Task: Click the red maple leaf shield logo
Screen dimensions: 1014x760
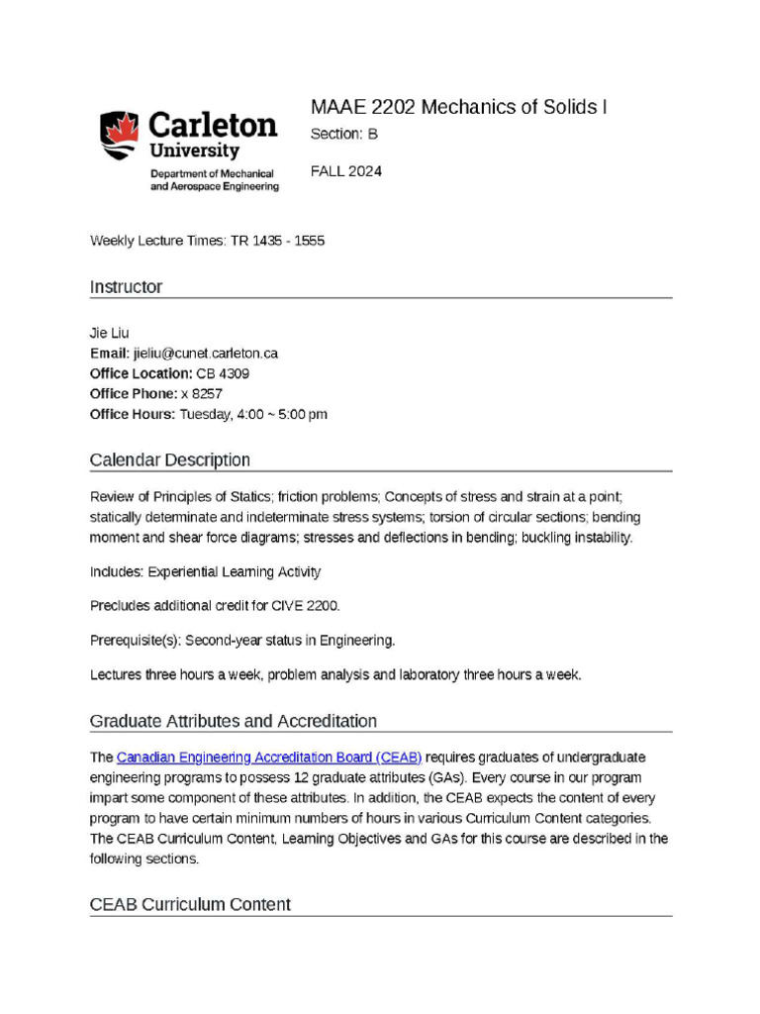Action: pyautogui.click(x=119, y=136)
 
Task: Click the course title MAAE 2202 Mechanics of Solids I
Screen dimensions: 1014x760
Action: pyautogui.click(x=458, y=107)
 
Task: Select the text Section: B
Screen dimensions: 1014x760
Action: pyautogui.click(x=343, y=134)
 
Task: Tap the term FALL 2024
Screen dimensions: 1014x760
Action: pyautogui.click(x=345, y=171)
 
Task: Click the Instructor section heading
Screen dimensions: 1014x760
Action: pyautogui.click(x=126, y=287)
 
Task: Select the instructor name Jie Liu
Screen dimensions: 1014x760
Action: pyautogui.click(x=110, y=333)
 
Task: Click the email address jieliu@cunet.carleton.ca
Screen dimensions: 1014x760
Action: pyautogui.click(x=205, y=354)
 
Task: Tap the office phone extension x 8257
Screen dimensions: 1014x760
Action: pyautogui.click(x=201, y=394)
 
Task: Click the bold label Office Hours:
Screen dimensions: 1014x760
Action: pyautogui.click(x=132, y=415)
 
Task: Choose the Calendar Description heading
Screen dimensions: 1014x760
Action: pyautogui.click(x=169, y=460)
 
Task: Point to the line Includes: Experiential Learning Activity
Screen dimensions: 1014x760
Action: pyautogui.click(x=205, y=572)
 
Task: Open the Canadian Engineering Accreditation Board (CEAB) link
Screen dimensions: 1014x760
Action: pyautogui.click(x=269, y=758)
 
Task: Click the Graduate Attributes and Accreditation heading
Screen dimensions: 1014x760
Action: pyautogui.click(x=233, y=721)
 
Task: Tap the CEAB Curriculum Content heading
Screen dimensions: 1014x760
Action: pyautogui.click(x=190, y=905)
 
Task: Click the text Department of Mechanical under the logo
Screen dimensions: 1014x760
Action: pyautogui.click(x=211, y=173)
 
